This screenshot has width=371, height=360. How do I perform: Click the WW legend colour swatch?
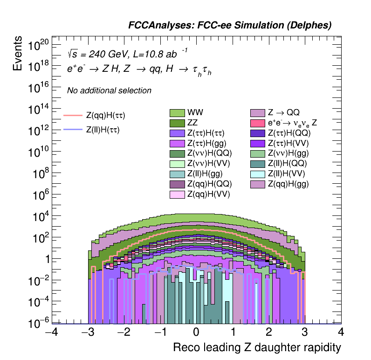(177, 113)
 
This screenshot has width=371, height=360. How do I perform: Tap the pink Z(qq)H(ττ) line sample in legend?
(73, 115)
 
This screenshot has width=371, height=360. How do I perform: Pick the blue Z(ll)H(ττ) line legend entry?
(73, 130)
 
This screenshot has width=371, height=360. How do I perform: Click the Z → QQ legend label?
(283, 113)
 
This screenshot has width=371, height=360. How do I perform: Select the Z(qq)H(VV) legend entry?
(209, 194)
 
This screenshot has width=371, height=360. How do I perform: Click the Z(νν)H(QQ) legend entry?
(209, 153)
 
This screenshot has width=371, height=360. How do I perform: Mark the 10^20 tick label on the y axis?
(39, 46)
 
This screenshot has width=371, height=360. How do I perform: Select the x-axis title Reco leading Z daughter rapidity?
(257, 348)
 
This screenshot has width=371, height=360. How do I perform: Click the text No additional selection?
(109, 90)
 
